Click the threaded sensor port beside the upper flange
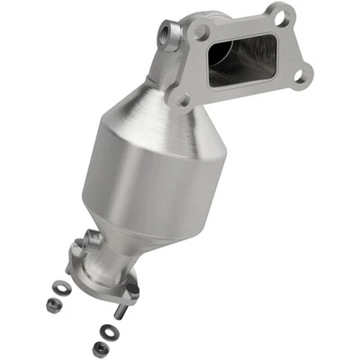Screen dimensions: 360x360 (x=168, y=37)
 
